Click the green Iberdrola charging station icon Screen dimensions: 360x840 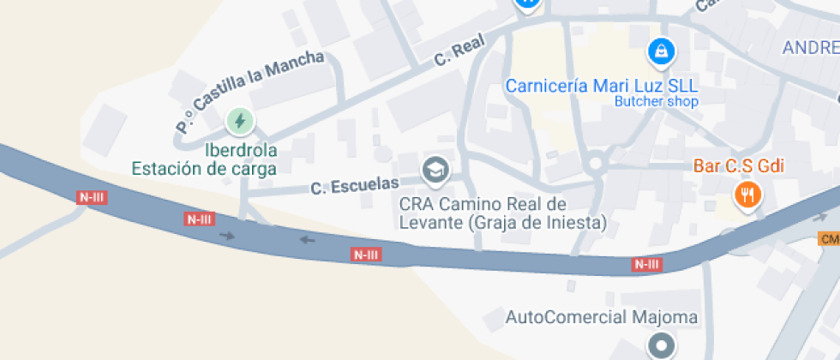coord(240,121)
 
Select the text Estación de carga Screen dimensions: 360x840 coord(204,168)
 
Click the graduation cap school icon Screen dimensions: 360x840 coord(436,170)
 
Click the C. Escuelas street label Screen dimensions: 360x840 coord(355,185)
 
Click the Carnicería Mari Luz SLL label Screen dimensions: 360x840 coord(601,86)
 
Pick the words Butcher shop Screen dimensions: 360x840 coord(657,102)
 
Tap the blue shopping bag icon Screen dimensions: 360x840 coord(661,51)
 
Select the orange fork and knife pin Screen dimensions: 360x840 coord(748,195)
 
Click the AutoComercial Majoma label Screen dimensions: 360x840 coord(602,318)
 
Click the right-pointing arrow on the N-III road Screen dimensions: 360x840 coord(226,235)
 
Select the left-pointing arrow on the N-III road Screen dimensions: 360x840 coord(307,239)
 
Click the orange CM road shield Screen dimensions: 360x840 coord(829,238)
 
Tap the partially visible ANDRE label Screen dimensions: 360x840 coord(810,48)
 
